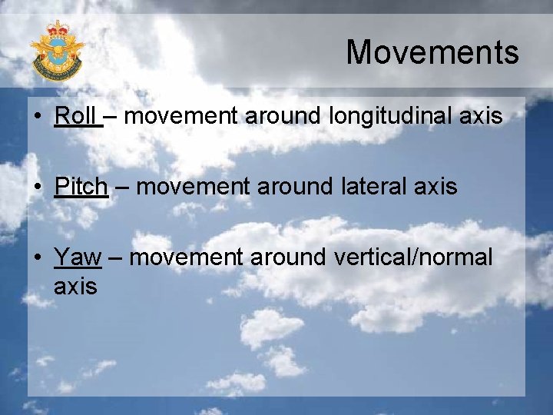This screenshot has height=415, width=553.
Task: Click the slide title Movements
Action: click(432, 53)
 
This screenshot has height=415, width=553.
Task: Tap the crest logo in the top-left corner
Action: click(57, 51)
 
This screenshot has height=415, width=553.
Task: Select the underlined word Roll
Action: click(75, 117)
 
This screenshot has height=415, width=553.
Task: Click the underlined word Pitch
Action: click(81, 187)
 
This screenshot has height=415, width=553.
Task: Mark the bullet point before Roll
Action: click(37, 118)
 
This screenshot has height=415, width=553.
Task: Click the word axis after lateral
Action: click(435, 187)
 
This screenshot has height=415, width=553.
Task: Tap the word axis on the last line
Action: click(75, 287)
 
